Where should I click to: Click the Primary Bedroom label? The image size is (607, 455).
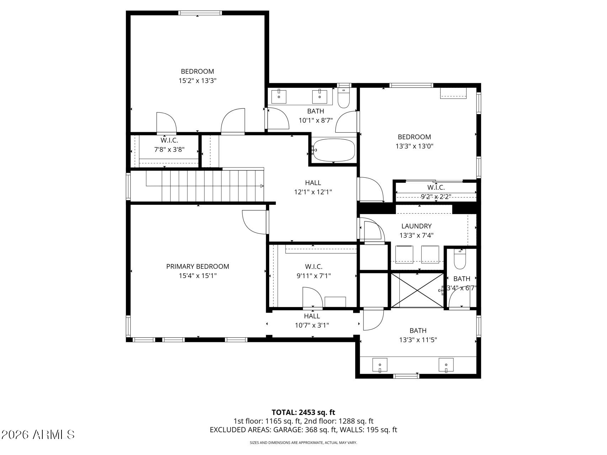198,266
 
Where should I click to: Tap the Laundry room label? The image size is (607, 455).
416,226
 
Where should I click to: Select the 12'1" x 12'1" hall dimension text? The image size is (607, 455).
313,192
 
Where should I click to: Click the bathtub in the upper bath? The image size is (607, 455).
334,150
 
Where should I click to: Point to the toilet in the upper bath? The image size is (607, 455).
344,98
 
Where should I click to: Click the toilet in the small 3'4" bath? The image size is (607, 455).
460,259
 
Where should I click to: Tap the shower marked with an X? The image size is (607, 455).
417,290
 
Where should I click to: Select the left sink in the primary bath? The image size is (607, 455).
380,365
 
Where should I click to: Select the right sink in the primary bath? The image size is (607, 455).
446,365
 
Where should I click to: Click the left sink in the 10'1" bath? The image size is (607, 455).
279,95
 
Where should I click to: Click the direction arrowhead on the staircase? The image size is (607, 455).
262,186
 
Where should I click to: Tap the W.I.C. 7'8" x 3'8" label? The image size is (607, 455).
169,145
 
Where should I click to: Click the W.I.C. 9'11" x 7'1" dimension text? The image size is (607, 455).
314,275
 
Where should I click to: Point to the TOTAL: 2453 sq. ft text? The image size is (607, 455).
303,412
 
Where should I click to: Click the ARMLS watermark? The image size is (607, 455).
38,434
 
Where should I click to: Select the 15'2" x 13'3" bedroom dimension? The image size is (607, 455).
197,81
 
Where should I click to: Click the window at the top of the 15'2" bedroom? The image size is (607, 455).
201,13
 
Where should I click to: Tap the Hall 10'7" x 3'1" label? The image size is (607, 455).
312,321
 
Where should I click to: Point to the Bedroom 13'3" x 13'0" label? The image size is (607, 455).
414,141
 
